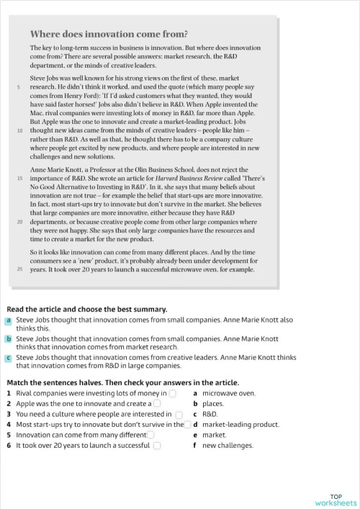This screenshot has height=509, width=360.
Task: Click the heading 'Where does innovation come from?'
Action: (x=109, y=33)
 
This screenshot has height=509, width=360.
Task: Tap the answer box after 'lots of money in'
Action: (x=172, y=394)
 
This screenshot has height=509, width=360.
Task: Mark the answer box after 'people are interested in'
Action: (x=179, y=415)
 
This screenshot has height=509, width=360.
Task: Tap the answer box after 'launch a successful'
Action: (x=156, y=446)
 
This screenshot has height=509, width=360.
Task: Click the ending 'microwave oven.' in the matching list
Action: (x=228, y=394)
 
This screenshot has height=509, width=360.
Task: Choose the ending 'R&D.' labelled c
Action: (x=210, y=415)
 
